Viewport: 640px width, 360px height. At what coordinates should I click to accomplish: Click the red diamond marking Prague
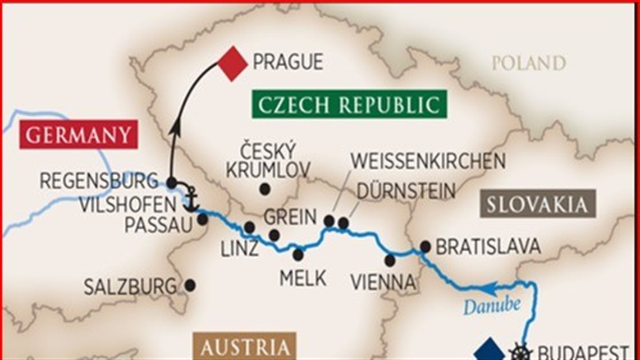pos(232,63)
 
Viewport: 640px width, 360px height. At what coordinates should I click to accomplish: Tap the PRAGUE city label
pos(287,62)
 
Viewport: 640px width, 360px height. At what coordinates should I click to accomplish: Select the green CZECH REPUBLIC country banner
pos(349,104)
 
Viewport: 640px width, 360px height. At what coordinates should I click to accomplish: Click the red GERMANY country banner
pos(79,135)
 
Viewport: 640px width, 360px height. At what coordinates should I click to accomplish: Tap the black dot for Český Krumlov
pos(264,189)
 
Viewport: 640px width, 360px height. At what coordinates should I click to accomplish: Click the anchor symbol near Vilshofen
pos(191,199)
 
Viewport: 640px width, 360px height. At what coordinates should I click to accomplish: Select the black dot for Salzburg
pos(190,285)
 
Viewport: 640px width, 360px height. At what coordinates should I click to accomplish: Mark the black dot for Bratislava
pos(425,246)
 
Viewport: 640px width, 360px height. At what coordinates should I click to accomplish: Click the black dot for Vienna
pos(390,260)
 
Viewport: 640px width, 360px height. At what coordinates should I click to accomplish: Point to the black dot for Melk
pos(298,255)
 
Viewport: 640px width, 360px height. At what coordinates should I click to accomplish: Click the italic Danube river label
pos(492,306)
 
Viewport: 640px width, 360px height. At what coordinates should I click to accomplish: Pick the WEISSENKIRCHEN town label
pos(428,161)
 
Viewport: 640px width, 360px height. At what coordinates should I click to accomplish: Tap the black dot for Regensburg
pos(172,183)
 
